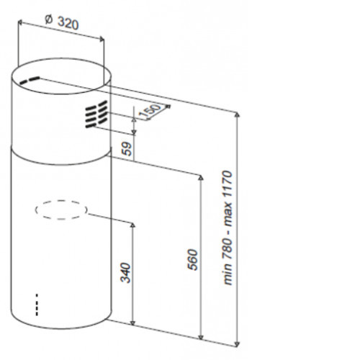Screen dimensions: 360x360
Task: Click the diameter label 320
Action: [x=68, y=23]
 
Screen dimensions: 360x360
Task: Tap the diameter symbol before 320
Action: [x=49, y=19]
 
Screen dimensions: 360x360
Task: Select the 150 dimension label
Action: [x=150, y=110]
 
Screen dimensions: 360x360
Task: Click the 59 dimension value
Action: [x=127, y=149]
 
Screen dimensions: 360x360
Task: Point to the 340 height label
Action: [x=125, y=273]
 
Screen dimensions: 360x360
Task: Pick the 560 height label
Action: [x=192, y=260]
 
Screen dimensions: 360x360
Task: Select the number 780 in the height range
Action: [x=228, y=248]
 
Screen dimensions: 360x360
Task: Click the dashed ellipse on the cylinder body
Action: [x=61, y=201]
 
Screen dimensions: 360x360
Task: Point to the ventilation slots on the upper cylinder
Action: [x=96, y=114]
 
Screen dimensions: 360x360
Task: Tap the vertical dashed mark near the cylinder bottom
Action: [x=37, y=305]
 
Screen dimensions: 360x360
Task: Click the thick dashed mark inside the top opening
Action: [x=30, y=80]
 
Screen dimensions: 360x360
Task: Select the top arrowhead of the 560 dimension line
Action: [x=201, y=178]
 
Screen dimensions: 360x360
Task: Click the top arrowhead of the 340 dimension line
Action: [x=132, y=225]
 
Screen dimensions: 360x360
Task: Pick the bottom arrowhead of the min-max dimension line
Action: [x=237, y=344]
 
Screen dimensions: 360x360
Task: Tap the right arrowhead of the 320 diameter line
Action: [x=102, y=39]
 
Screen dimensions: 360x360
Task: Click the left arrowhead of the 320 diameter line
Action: [x=20, y=22]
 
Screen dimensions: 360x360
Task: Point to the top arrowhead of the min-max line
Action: [x=237, y=114]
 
